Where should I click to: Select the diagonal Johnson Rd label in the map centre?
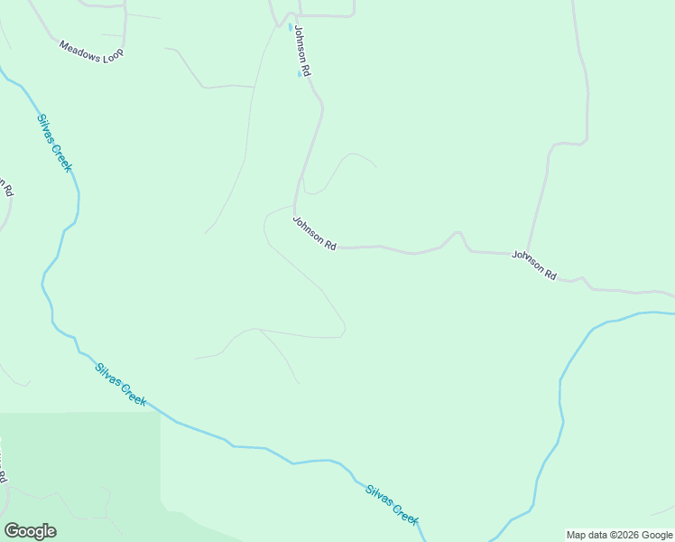click(x=314, y=233)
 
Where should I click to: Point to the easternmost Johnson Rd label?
click(x=534, y=265)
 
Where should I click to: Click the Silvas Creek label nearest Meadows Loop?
click(x=54, y=142)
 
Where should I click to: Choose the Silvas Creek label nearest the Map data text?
click(x=392, y=505)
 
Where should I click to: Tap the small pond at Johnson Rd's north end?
click(x=291, y=27)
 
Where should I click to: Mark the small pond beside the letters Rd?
click(x=300, y=74)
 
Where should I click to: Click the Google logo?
click(x=30, y=531)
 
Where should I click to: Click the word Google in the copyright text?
click(x=657, y=535)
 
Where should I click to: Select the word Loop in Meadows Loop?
click(x=113, y=53)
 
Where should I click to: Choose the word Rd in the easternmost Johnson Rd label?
click(x=550, y=273)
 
